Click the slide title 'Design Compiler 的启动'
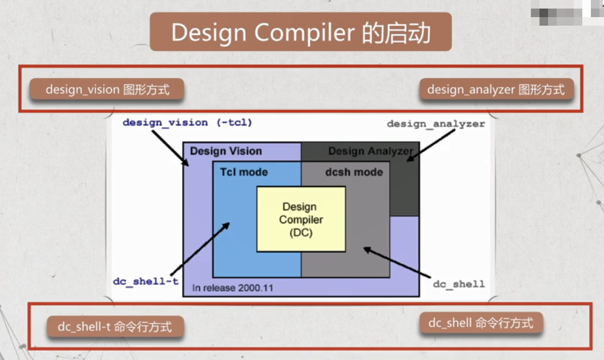click(300, 33)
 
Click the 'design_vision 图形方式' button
click(107, 90)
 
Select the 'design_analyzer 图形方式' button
click(496, 90)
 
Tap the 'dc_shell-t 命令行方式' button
click(114, 327)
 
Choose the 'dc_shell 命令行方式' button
click(481, 323)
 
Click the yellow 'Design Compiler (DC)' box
click(301, 220)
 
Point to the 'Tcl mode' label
click(244, 172)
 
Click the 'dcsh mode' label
click(354, 172)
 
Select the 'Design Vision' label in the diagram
click(226, 151)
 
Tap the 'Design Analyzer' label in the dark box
click(370, 151)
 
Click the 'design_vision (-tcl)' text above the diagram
click(187, 122)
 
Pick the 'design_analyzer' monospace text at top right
click(436, 124)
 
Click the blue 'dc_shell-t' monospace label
click(146, 281)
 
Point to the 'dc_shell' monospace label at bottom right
click(458, 284)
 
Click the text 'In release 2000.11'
click(232, 288)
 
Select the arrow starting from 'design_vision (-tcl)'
click(170, 147)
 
